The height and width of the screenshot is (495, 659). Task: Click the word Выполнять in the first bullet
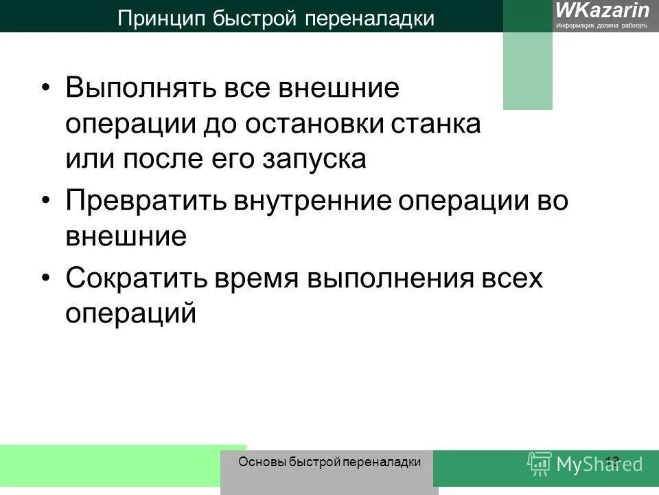(x=137, y=90)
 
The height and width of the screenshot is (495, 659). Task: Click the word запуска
(x=316, y=159)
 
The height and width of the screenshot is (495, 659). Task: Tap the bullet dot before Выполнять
(x=46, y=90)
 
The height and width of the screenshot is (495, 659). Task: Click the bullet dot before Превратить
(x=46, y=201)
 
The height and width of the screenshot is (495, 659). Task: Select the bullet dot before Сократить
(x=46, y=278)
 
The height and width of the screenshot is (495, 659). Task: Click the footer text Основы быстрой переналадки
(x=329, y=462)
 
